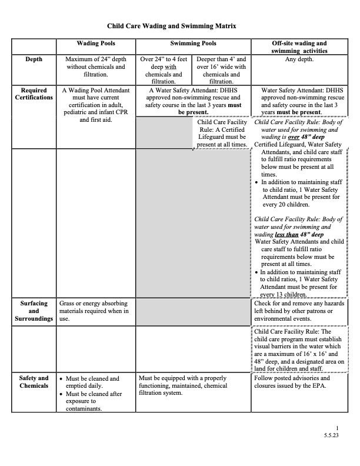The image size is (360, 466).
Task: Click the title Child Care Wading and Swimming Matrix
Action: [x=179, y=26]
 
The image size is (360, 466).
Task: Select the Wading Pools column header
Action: [x=96, y=44]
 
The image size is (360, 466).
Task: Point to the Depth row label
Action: [x=34, y=59]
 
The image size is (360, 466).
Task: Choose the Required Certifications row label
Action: [x=34, y=94]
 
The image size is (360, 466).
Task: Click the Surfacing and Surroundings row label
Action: [x=34, y=311]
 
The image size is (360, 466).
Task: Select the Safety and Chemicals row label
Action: [x=34, y=381]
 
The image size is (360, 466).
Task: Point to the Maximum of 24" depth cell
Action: [x=96, y=67]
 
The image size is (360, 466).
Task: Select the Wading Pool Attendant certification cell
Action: [x=96, y=105]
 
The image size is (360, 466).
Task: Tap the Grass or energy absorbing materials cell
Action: [x=96, y=311]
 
